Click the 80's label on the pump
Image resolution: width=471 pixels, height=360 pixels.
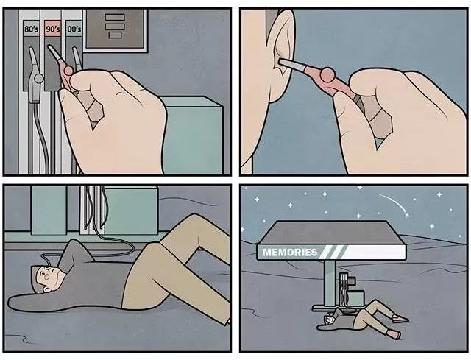[31, 29]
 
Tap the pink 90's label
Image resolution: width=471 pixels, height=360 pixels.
[53, 29]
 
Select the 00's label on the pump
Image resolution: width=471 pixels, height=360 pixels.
[74, 29]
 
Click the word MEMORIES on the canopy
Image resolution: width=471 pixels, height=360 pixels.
[290, 252]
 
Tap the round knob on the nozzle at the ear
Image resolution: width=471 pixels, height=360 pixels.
[327, 75]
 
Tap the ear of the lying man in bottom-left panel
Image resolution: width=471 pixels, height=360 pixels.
[46, 289]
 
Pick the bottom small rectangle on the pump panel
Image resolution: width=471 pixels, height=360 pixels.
[115, 35]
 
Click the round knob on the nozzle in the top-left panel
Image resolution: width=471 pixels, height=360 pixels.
[68, 71]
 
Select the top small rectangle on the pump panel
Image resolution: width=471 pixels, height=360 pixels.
[115, 17]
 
